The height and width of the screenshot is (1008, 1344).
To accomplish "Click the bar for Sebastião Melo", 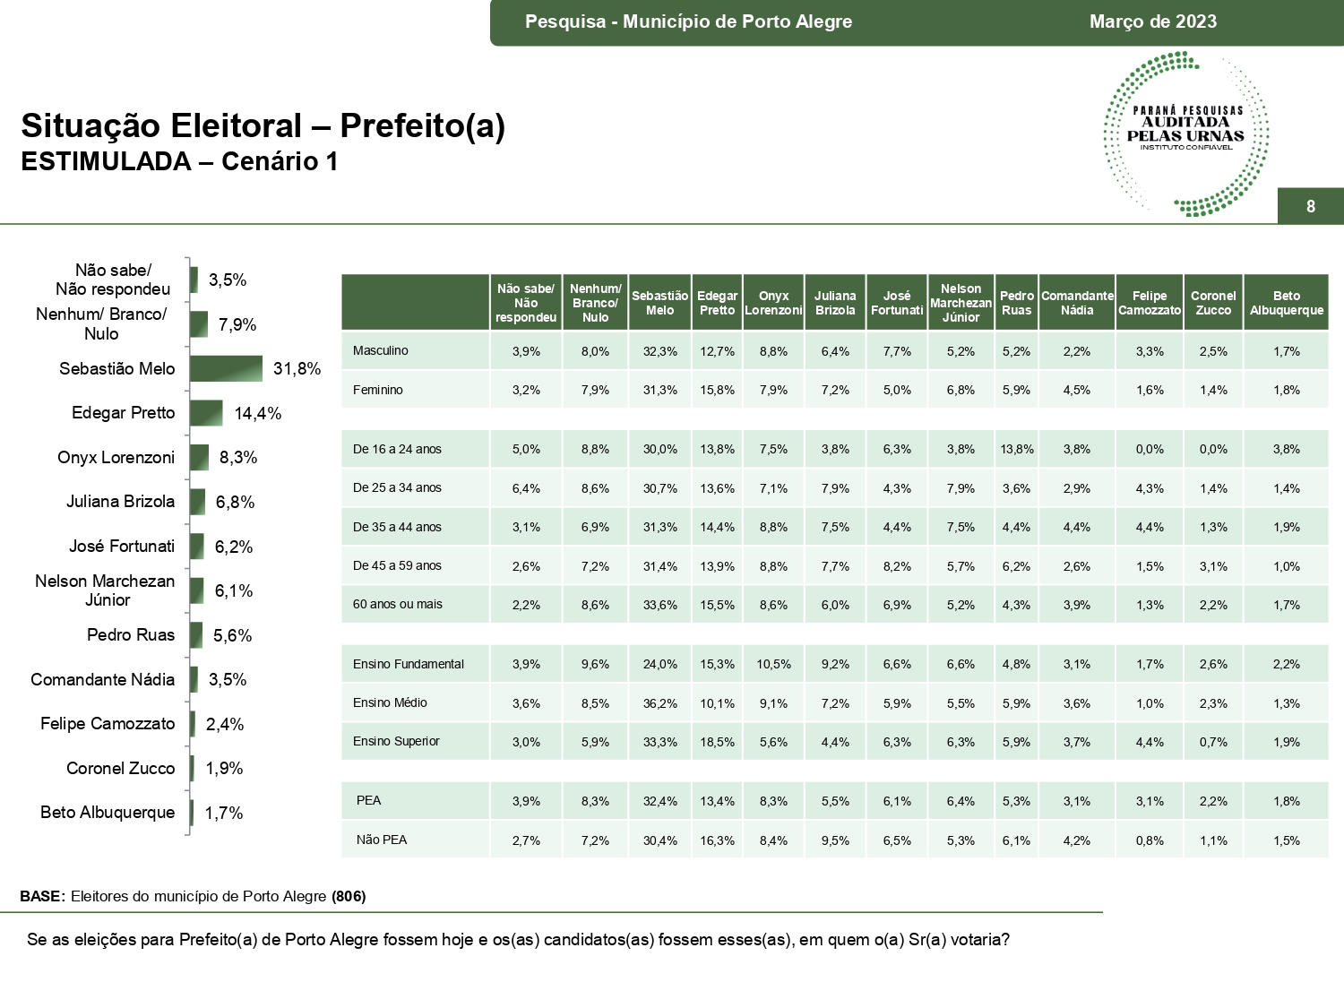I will (226, 368).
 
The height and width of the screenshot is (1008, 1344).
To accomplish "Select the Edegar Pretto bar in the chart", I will (206, 413).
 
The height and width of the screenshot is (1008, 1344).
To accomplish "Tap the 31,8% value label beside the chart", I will (297, 369).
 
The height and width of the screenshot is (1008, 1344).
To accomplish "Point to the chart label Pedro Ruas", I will (131, 635).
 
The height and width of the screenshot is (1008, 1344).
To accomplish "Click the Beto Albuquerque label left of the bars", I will (108, 813).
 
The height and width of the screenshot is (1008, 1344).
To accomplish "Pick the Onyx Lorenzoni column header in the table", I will (773, 303).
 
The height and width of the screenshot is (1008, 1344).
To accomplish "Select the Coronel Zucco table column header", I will (1213, 303).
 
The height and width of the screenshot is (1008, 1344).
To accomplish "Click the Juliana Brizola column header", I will (835, 303).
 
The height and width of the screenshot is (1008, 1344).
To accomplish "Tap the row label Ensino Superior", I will (396, 742).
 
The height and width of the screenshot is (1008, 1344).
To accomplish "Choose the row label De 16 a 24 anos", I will (397, 449).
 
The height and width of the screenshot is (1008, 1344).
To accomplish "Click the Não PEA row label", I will (382, 840).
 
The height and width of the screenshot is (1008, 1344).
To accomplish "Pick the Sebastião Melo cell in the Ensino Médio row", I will (660, 703).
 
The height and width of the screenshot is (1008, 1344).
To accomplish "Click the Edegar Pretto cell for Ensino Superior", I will (718, 742).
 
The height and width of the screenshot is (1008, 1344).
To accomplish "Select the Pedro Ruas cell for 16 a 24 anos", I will (1017, 449).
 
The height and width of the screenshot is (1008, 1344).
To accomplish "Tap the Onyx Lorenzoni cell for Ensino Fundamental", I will (773, 665).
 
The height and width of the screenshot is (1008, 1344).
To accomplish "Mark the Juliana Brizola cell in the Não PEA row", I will (835, 840).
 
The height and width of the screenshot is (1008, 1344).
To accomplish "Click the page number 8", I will (1311, 206).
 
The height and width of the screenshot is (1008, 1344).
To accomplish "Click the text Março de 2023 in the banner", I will (1153, 22).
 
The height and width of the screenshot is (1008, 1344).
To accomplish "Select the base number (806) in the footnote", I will (349, 896).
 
